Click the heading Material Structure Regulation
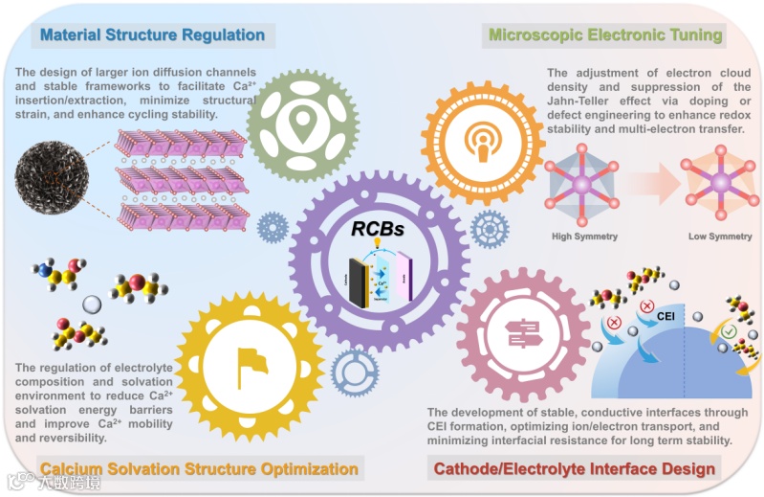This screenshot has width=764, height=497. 152,35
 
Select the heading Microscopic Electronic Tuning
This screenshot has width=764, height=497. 605,35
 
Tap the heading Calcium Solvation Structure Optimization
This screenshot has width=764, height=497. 199,468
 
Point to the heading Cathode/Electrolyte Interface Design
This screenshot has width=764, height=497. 574,468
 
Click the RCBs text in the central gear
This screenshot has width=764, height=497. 380,230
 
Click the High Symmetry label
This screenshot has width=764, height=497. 584,236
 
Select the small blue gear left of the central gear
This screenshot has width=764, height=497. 273,227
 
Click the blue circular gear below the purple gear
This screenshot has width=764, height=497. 355,373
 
